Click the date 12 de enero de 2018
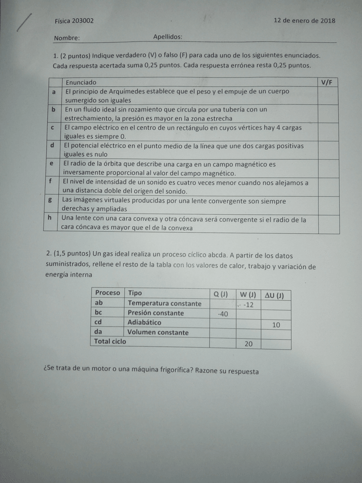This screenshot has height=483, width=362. click(304, 21)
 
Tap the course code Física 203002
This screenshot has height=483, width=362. click(74, 21)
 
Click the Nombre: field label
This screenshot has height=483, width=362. click(67, 39)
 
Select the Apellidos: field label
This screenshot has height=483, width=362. click(167, 36)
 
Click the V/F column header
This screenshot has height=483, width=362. click(326, 83)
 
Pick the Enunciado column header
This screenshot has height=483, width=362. click(81, 83)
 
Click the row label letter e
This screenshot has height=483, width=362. click(51, 163)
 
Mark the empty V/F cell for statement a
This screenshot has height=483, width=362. click(328, 96)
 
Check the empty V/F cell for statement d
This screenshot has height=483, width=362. click(328, 150)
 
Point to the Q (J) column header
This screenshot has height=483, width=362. click(220, 294)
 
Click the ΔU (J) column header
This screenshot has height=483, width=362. click(275, 295)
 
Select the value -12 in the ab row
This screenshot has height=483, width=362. click(248, 305)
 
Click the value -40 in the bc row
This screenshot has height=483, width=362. click(223, 314)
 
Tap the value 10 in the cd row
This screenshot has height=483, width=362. click(276, 325)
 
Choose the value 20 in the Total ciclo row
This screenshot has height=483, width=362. click(248, 343)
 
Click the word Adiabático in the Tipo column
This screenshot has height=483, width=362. click(144, 322)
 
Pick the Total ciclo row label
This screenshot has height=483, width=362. click(110, 342)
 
